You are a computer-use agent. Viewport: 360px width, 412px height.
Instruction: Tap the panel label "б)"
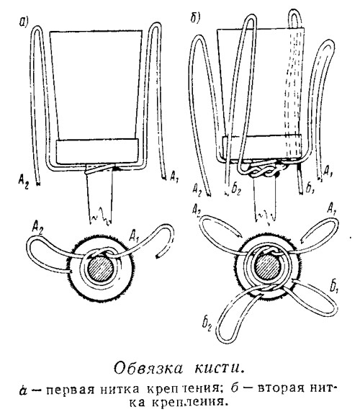point(196,18)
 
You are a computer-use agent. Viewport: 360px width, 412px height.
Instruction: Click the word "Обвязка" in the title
point(148,368)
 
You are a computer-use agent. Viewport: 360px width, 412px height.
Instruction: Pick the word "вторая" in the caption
point(279,388)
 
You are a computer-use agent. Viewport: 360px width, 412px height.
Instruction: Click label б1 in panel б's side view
point(310,188)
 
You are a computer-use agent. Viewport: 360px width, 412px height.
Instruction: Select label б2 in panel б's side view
point(235,189)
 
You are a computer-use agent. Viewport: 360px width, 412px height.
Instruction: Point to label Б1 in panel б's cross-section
point(334,287)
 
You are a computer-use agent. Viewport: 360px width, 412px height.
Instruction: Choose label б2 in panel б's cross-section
point(207,323)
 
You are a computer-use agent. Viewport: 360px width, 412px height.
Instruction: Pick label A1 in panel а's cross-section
point(135,237)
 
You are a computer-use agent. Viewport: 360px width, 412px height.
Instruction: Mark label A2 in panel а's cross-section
point(38,226)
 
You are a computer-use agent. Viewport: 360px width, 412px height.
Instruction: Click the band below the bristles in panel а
point(97,151)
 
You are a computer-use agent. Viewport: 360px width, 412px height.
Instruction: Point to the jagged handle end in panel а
point(101,215)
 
